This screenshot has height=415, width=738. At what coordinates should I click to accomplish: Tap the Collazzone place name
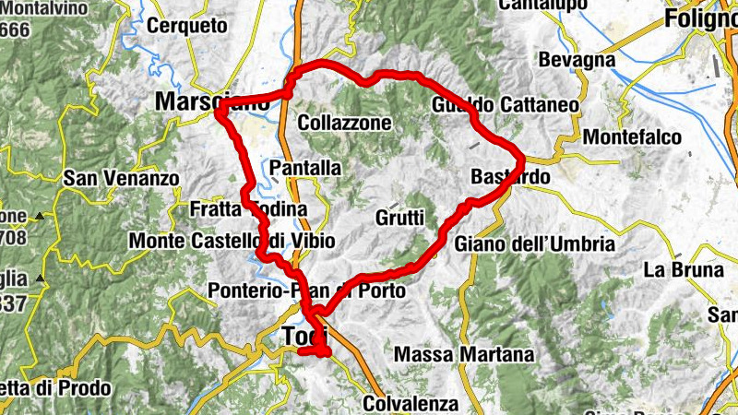[x=345, y=123]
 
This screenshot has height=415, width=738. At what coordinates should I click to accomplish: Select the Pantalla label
[x=306, y=168]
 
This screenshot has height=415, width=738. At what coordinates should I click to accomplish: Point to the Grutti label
[x=399, y=219]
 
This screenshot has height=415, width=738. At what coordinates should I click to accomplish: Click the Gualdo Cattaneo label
[x=505, y=106]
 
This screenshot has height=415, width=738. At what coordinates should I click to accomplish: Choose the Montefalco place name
[x=632, y=136]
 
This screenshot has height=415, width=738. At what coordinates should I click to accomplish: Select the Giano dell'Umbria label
[x=534, y=244]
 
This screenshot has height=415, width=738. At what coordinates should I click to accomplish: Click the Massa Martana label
[x=463, y=354]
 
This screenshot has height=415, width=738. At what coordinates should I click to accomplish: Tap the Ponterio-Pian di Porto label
[x=306, y=290]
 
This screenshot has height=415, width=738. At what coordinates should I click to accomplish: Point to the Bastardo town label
[x=510, y=176]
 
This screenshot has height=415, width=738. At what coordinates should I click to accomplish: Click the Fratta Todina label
[x=248, y=210]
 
